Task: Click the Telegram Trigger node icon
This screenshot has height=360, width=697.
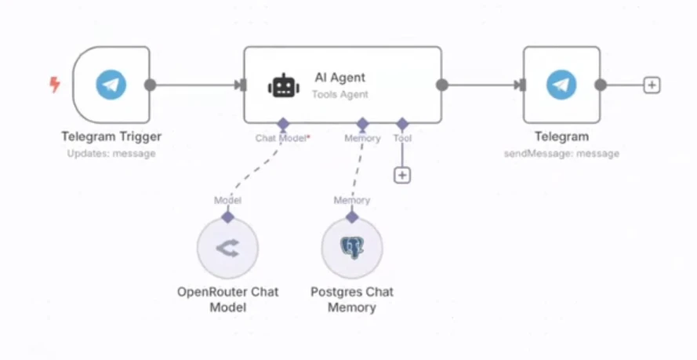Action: point(111,85)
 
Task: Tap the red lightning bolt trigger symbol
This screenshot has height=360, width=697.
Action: point(55,84)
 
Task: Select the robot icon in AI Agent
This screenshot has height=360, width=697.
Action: point(284,85)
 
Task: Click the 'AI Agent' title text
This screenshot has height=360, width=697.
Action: point(339,77)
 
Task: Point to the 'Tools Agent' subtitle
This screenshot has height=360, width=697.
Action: point(339,94)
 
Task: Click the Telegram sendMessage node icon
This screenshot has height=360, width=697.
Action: point(561,85)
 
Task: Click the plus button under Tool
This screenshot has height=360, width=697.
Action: point(402,175)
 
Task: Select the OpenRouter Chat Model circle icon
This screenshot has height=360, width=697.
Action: point(227,249)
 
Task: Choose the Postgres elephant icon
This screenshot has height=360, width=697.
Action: point(352,249)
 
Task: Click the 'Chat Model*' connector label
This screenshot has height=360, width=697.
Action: point(282,138)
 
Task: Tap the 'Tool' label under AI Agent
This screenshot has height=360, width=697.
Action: point(402,138)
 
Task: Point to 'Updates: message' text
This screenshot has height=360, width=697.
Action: point(111,154)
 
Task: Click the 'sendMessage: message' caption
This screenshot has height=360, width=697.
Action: point(561,154)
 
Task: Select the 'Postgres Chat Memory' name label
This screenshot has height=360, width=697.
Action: point(352,300)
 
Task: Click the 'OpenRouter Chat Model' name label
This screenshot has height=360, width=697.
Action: point(227,300)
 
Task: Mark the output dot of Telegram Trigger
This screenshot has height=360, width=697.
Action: point(150,85)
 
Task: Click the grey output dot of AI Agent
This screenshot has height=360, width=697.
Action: point(441,85)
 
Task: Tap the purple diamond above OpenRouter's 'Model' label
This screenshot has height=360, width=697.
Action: point(227,216)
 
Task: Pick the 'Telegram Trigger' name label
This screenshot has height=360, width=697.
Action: point(111,136)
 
